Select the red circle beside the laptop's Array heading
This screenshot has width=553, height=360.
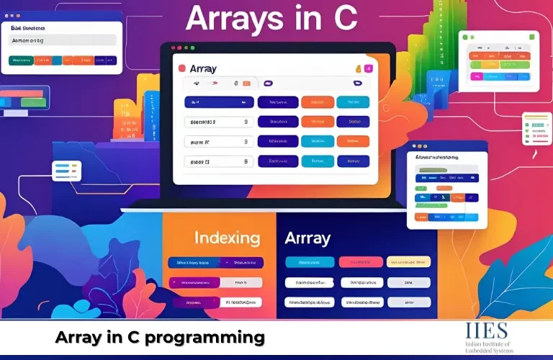click(182, 69)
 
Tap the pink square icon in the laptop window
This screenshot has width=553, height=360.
click(369, 69)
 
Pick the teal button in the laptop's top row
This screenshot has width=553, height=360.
click(353, 102)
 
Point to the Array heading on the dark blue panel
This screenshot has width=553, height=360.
click(307, 238)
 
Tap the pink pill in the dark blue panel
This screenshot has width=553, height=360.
click(360, 262)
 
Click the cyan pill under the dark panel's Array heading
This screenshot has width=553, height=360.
click(310, 262)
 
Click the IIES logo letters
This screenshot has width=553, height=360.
click(487, 332)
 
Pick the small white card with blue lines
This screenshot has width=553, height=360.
click(66, 171)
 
